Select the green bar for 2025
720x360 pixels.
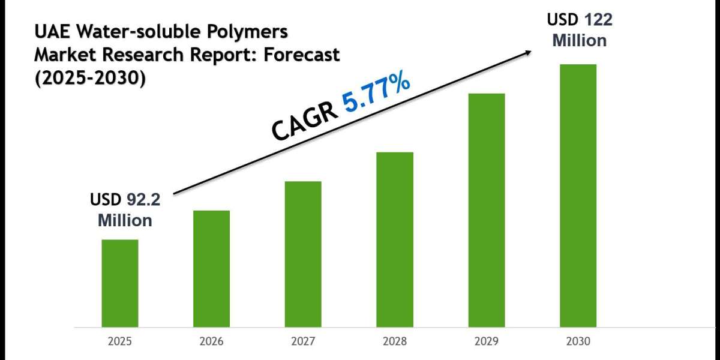tap(119, 283)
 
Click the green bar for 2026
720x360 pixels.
tap(211, 269)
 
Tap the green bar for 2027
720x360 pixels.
tap(303, 254)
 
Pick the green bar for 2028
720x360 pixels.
tap(395, 239)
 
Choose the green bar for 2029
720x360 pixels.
tap(487, 210)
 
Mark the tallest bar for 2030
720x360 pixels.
tap(578, 196)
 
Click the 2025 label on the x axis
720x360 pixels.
tap(119, 341)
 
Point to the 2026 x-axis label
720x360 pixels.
tap(211, 341)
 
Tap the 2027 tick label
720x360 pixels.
tap(303, 341)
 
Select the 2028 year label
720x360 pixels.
tap(395, 341)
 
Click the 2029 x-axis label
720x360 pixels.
tap(487, 341)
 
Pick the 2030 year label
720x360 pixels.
tap(578, 341)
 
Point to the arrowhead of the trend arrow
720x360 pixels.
tap(528, 52)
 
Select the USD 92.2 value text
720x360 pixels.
tap(125, 200)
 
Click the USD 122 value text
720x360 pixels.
tap(579, 20)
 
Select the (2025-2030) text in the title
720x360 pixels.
tap(89, 79)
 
